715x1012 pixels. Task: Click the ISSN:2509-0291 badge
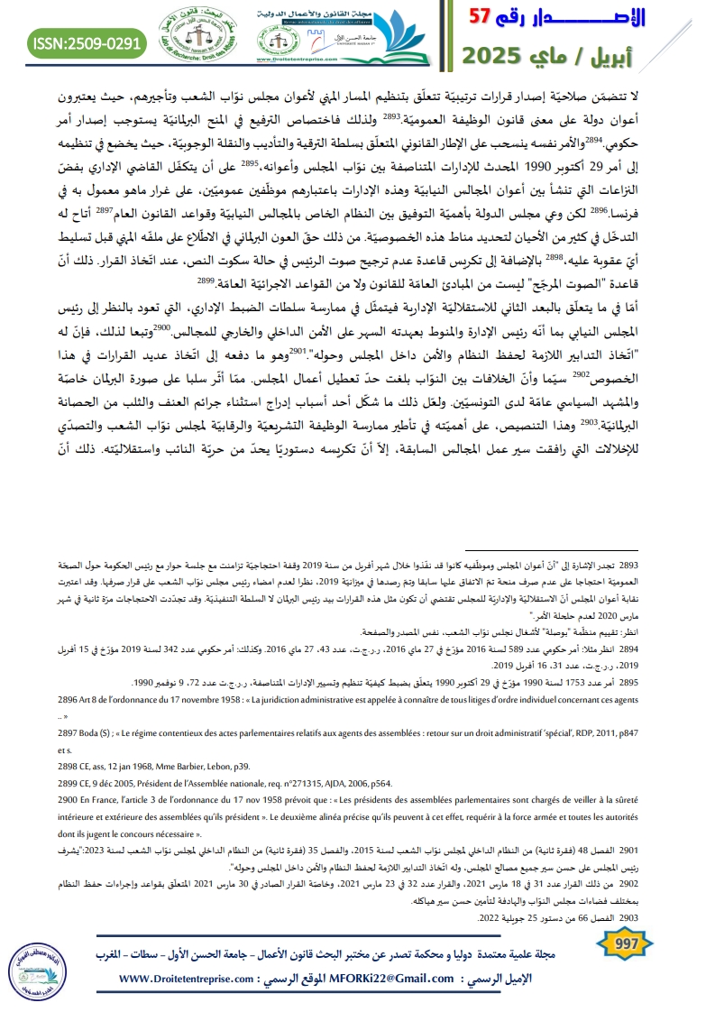click(87, 41)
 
